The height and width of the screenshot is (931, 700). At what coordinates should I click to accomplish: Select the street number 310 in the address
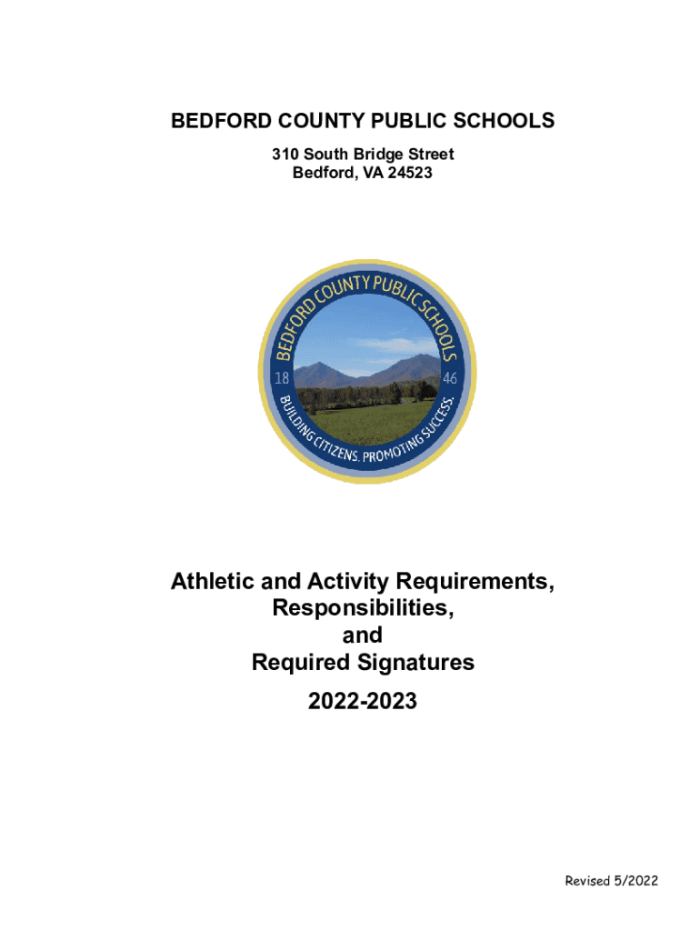click(x=285, y=155)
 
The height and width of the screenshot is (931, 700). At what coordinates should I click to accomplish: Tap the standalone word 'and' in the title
click(x=362, y=636)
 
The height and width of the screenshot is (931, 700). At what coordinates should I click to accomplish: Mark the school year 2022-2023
click(x=362, y=701)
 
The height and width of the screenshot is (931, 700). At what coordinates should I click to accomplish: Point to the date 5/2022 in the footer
click(x=637, y=881)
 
